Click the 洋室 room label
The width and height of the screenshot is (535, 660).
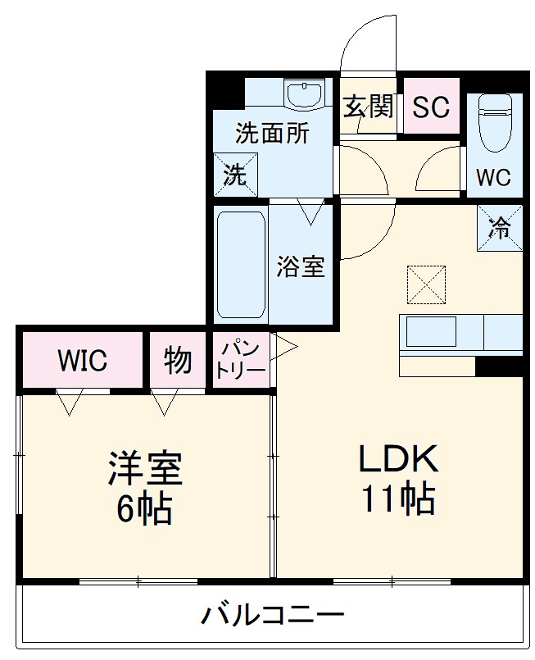tap(144, 469)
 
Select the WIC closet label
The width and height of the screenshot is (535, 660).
tap(82, 361)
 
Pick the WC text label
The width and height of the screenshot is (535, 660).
tap(493, 177)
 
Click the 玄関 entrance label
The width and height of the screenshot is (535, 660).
tap(368, 107)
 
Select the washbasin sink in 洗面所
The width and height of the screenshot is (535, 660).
tap(307, 93)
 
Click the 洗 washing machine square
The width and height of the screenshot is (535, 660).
tap(235, 175)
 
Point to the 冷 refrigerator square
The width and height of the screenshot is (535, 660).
tap(499, 227)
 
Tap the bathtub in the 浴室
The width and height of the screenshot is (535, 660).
tap(241, 265)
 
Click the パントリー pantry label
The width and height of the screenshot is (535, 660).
tap(241, 360)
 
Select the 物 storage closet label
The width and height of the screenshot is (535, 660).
tap(178, 360)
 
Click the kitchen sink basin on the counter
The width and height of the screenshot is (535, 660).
tap(431, 332)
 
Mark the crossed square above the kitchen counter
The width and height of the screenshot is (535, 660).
tap(426, 284)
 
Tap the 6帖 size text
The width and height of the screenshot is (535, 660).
tap(144, 509)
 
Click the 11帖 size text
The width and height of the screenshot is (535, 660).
tap(399, 499)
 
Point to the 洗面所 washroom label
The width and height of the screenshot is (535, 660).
tap(272, 134)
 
